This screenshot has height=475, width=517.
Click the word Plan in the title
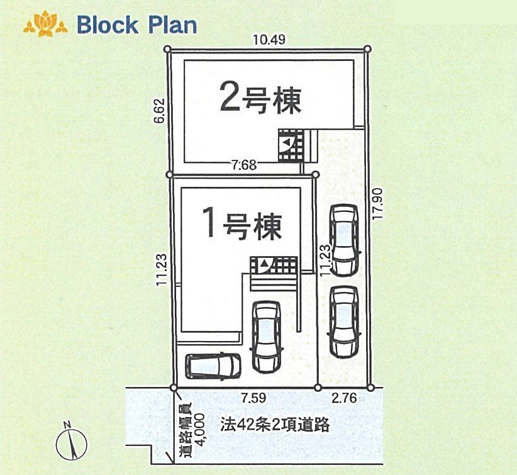tap(171, 25)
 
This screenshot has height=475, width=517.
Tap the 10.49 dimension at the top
tap(269, 40)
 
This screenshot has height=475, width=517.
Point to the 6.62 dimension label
tap(160, 111)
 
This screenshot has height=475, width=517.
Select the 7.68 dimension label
tap(244, 164)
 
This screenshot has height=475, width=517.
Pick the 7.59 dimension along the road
tap(253, 398)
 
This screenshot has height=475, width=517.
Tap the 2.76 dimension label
tap(344, 398)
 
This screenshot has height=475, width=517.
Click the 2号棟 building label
tap(260, 98)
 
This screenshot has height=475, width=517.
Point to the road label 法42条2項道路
tap(275, 425)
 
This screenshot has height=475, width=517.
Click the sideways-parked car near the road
tap(213, 366)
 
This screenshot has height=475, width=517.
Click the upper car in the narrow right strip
tap(345, 240)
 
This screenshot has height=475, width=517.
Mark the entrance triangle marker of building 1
tap(264, 263)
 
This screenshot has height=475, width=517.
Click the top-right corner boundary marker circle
tap(368, 49)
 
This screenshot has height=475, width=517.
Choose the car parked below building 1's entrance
tap(267, 337)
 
